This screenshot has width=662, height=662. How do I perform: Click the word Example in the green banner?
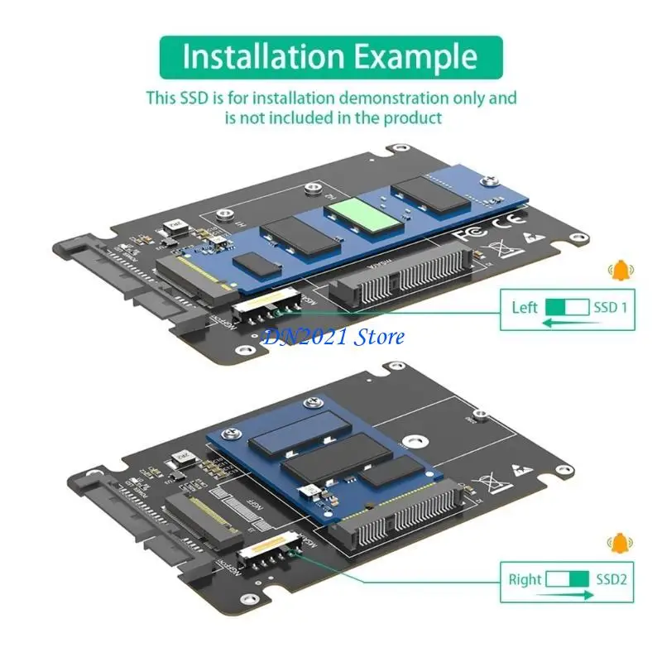click(x=417, y=56)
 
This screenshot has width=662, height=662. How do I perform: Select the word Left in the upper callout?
click(x=525, y=308)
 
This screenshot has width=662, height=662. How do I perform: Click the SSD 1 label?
click(x=611, y=308)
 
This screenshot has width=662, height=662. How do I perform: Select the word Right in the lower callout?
click(x=525, y=578)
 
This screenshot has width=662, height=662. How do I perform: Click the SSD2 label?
click(x=612, y=578)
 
